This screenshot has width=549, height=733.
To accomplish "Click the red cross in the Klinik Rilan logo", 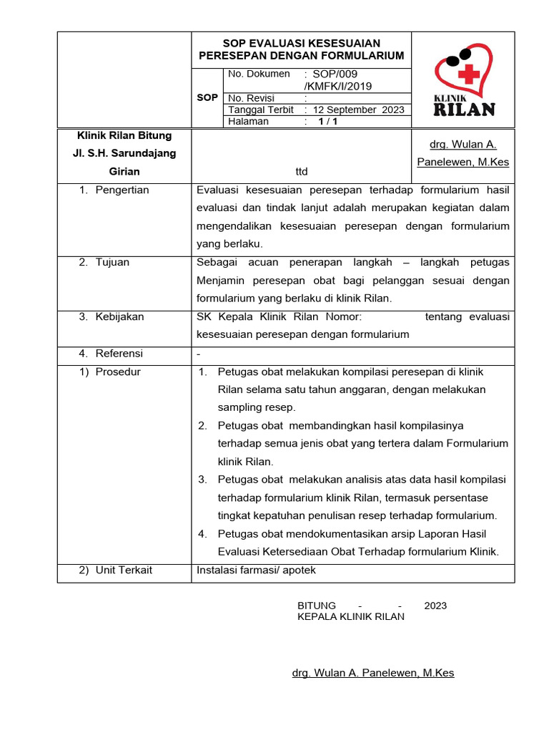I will click(x=468, y=74).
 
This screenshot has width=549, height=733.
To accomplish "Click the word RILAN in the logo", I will click(x=464, y=110).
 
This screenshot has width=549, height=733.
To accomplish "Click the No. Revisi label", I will click(x=251, y=98).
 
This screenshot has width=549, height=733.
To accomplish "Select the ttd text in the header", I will click(x=301, y=172).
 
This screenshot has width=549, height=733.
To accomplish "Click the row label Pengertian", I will click(x=122, y=190).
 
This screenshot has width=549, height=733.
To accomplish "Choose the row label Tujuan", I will click(x=112, y=263).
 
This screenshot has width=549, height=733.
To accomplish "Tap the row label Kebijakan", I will click(x=119, y=317).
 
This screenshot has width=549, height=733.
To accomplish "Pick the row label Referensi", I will click(x=119, y=354).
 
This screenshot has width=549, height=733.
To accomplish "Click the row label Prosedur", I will click(x=118, y=372).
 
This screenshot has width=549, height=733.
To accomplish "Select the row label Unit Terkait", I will click(x=124, y=571).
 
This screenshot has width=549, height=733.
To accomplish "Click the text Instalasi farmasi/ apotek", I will click(x=255, y=571).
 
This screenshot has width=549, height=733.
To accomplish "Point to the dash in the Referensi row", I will click(x=198, y=354).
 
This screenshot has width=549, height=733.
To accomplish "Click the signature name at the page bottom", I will click(x=373, y=673).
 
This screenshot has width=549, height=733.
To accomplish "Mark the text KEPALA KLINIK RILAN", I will click(x=350, y=616).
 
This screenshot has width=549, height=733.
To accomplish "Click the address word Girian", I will click(x=124, y=172).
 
